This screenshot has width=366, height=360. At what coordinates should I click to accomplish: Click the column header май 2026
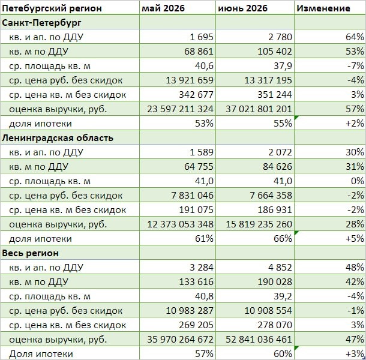click(x=163, y=8)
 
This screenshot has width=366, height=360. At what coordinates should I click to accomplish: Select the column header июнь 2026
click(x=242, y=8)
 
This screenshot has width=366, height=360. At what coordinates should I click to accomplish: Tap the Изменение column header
click(x=323, y=8)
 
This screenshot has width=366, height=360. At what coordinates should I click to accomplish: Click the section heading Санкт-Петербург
click(x=42, y=23)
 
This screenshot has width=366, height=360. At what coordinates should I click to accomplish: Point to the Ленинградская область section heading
click(x=58, y=138)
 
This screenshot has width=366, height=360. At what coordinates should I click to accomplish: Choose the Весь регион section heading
click(x=31, y=253)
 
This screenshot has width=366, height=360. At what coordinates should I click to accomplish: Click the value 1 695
click(x=202, y=37)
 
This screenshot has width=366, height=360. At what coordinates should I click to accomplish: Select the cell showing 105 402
click(x=275, y=52)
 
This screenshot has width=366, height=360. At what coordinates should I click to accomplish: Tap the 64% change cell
click(x=355, y=37)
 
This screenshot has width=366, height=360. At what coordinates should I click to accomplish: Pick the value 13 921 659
click(x=190, y=80)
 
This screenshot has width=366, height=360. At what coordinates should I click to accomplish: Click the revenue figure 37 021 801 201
click(x=259, y=109)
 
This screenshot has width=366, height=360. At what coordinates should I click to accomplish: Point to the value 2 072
click(x=280, y=152)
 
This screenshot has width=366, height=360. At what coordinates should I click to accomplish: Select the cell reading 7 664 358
click(x=271, y=196)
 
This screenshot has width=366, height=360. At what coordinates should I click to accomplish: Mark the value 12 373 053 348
click(x=180, y=224)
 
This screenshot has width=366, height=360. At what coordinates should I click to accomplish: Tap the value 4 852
click(x=280, y=268)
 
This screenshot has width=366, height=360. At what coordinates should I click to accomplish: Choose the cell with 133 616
click(x=196, y=282)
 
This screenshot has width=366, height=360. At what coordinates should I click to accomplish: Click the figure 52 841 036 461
click(x=259, y=340)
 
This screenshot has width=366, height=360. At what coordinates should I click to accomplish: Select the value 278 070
click(x=275, y=325)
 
